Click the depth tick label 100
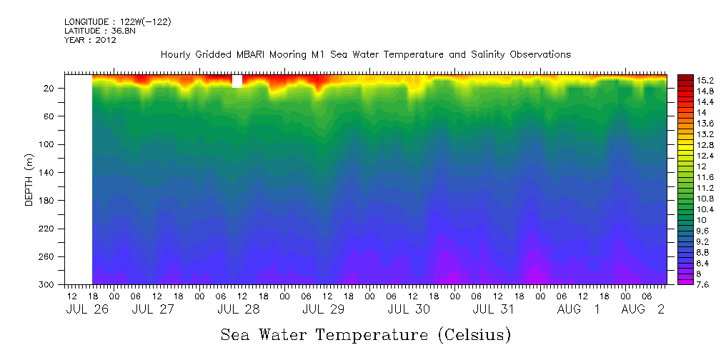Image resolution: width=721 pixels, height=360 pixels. click(x=51, y=144)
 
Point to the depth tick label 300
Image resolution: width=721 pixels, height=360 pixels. click(x=51, y=285)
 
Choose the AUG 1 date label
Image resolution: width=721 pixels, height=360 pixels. click(x=580, y=309)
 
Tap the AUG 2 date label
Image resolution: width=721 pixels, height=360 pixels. click(x=643, y=309)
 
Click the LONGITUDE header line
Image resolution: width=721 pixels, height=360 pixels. click(x=118, y=22)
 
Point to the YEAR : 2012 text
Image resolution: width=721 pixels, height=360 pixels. click(x=90, y=40)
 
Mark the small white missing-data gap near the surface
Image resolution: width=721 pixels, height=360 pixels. click(x=237, y=81)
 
